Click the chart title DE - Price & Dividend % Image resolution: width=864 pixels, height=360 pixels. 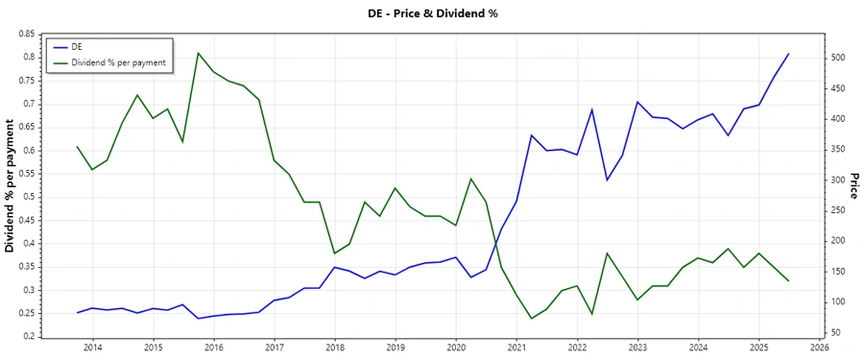432,13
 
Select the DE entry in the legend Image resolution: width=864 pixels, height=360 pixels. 77,46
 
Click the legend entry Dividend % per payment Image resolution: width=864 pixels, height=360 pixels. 118,62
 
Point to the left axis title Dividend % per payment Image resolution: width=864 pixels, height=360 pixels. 11,186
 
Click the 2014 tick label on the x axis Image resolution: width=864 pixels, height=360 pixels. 92,347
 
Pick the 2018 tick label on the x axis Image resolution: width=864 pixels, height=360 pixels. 334,347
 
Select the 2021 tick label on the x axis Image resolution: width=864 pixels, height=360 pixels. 516,347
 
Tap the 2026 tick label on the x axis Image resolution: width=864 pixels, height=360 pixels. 819,347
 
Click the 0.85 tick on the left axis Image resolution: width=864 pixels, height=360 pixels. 26,34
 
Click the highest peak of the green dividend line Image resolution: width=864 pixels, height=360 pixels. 198,53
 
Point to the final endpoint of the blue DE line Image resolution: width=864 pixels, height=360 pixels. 788,54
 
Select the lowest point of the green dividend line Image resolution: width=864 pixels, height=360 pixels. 531,319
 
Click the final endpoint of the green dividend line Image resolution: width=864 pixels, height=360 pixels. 788,280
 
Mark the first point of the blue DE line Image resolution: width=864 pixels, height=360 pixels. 77,313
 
